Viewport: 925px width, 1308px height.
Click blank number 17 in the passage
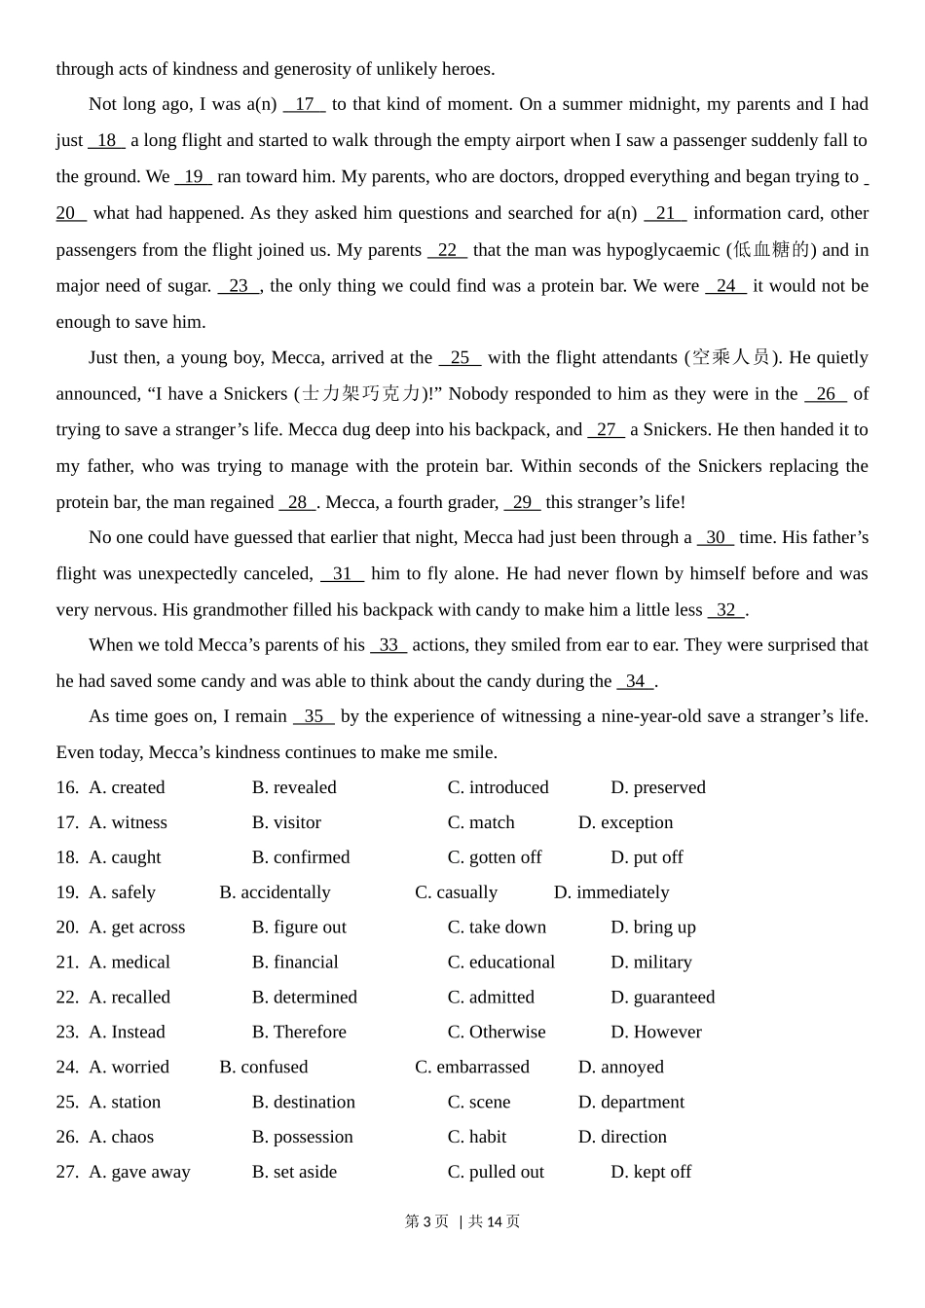point(305,104)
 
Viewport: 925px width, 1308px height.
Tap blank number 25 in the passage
point(461,357)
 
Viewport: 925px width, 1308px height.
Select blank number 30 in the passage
point(716,537)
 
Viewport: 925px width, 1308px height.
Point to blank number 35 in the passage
point(314,716)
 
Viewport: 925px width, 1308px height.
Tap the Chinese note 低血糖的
point(772,250)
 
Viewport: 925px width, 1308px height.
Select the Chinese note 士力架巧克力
point(361,393)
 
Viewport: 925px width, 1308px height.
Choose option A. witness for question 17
point(128,822)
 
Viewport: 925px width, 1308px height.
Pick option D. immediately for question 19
point(611,892)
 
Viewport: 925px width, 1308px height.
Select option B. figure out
point(299,927)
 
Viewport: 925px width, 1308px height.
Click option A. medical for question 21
point(129,963)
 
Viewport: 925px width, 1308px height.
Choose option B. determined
point(304,998)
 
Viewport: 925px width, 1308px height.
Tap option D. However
point(656,1032)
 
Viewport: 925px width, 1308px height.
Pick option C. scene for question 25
point(479,1102)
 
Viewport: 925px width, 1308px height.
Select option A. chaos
point(122,1137)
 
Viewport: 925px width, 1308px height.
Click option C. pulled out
point(496,1172)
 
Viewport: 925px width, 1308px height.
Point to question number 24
point(67,1067)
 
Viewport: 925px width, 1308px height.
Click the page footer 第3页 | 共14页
point(462,1221)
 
